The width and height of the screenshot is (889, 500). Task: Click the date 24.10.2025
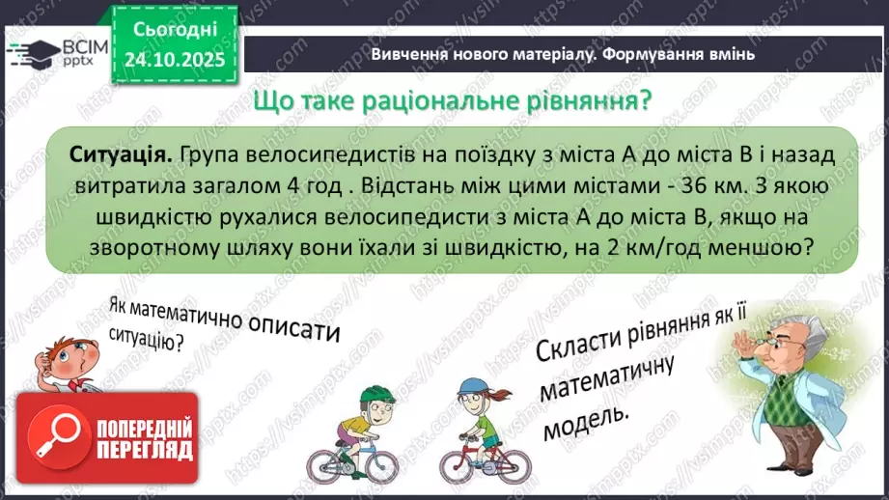click(x=174, y=59)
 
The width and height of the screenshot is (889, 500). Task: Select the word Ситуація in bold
click(x=122, y=153)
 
